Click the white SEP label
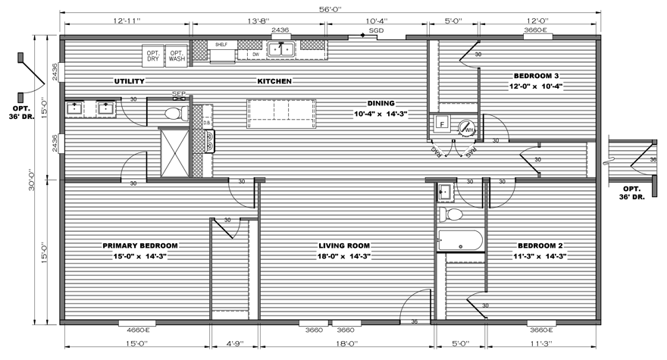click(x=179, y=94)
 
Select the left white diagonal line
click(x=439, y=149)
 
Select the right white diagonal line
click(x=468, y=149)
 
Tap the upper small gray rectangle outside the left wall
click(x=20, y=58)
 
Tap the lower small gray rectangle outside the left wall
click(x=20, y=98)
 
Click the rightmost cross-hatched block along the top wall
click(x=312, y=45)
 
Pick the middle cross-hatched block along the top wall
click(x=249, y=45)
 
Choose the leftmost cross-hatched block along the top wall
click(x=199, y=50)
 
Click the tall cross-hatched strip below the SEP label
click(x=198, y=140)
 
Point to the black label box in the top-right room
click(x=536, y=83)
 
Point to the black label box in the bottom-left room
click(x=140, y=251)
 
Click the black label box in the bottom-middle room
click(x=344, y=251)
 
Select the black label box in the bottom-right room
click(x=540, y=252)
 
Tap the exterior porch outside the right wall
click(x=631, y=161)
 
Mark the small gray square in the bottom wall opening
click(x=330, y=322)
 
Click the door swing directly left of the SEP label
click(x=135, y=111)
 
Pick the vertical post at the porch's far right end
click(x=654, y=186)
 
